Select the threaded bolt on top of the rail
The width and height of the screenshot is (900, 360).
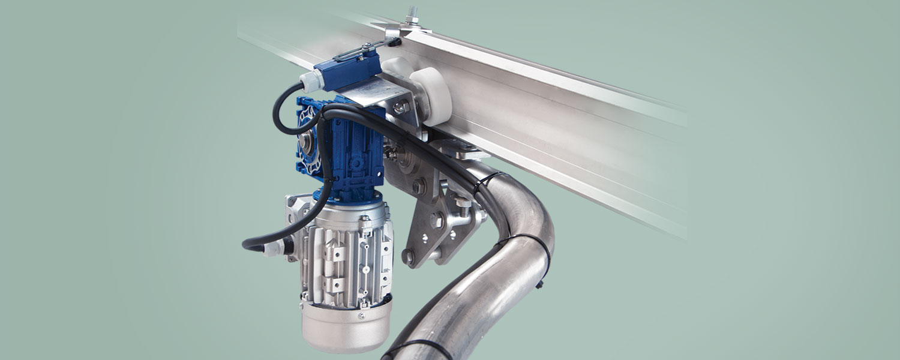tap(413, 14)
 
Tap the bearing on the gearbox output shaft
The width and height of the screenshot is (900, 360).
tap(307, 142)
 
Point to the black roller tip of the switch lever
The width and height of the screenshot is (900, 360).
tap(394, 42)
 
